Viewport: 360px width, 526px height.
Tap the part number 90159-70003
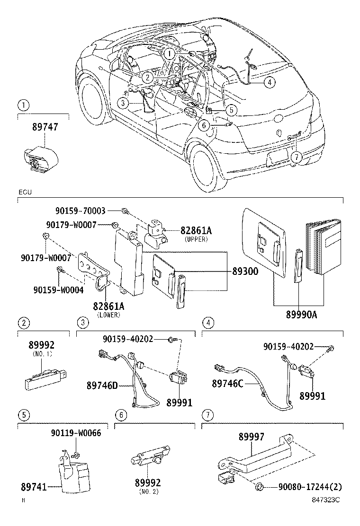80,210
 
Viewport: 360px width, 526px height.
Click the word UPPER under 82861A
195,239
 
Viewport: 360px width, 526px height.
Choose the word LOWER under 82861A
108,315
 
